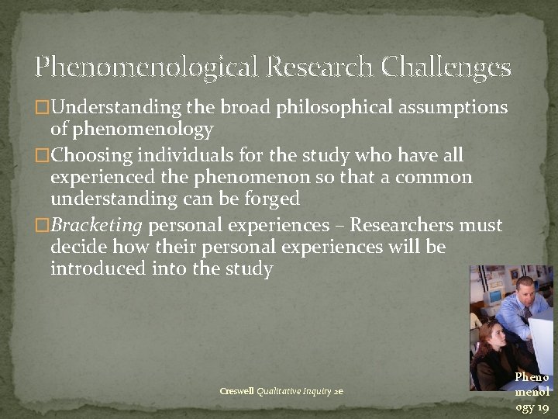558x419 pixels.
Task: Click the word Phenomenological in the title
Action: tap(147, 68)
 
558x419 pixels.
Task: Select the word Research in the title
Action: tap(319, 67)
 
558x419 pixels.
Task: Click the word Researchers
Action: tap(408, 226)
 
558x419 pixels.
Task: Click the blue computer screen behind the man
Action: tap(494, 296)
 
